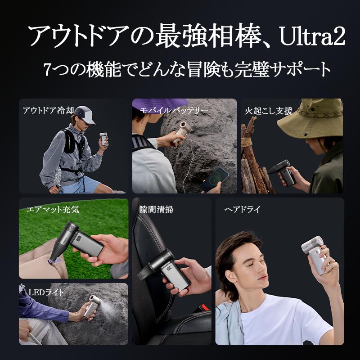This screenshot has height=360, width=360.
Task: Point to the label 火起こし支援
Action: pos(269,111)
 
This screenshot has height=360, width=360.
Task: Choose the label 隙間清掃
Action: pos(156,209)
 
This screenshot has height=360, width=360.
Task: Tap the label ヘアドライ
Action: pos(242,210)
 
